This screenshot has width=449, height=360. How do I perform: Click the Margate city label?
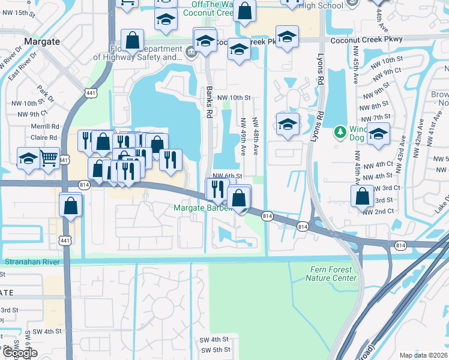(x=42, y=41)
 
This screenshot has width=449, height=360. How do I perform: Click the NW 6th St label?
(x=227, y=176)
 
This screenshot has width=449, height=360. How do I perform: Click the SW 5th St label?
(x=216, y=350)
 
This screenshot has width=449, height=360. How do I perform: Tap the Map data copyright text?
(x=424, y=355)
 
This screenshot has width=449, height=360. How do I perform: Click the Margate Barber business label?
(x=202, y=208)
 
